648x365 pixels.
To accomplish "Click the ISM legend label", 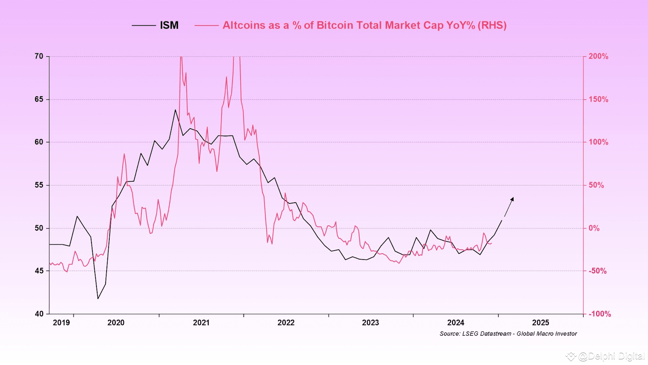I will point(169,25).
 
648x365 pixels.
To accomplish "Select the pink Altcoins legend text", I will point(364,25).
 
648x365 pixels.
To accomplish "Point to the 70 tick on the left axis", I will point(39,56).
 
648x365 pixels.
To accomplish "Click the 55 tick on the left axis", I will point(39,185).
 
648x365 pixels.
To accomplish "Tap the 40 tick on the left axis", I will point(39,314).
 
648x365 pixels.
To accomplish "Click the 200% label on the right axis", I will point(598,56).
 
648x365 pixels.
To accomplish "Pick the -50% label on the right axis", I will point(597,271).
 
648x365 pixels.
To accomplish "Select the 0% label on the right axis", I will point(594,228).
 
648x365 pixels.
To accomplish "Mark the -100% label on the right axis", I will point(599,314).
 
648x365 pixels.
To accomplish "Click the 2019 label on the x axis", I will point(61,323).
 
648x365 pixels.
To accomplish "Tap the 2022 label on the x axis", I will point(286,323).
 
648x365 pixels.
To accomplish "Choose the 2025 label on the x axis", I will point(540,323).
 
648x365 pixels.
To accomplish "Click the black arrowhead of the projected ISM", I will point(512,199).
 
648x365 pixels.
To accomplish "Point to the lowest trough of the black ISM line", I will point(98,299).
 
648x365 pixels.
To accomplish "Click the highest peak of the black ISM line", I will point(175,110).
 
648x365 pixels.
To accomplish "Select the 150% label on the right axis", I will point(598,99).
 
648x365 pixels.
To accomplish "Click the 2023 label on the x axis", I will point(370,323).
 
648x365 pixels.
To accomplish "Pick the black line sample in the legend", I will point(144,25).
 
